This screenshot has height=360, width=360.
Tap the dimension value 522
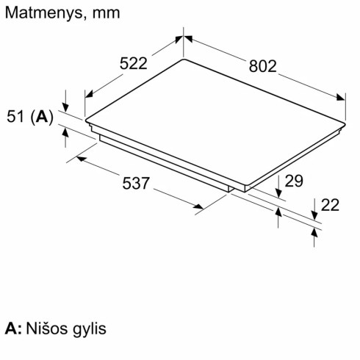coord(134,64)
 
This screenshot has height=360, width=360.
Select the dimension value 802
coord(263,67)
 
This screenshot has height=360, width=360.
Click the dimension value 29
coord(294,181)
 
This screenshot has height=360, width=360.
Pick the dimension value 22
coord(331,205)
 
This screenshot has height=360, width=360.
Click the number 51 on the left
coord(17,116)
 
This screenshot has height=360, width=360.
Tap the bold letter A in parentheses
coord(43,116)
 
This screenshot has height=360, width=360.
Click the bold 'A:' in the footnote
coord(12,328)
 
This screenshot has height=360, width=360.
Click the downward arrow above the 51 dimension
coord(65,107)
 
